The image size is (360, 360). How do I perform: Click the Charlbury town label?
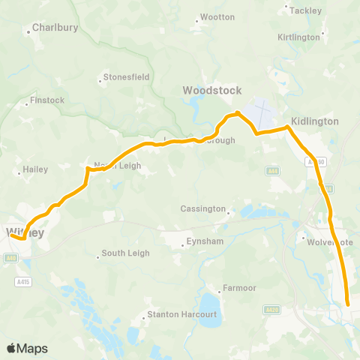point(56,29)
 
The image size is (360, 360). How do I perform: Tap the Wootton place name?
point(218,16)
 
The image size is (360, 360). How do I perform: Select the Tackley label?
point(305,10)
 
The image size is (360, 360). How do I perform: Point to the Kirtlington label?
point(298,37)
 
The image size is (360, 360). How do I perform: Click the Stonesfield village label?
point(127,76)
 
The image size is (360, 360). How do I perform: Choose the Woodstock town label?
point(212,90)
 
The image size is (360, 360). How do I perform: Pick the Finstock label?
point(47,100)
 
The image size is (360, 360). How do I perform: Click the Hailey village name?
point(35,169)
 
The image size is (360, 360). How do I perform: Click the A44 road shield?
point(274,172)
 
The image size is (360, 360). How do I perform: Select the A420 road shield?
point(271,309)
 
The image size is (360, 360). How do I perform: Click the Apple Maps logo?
point(27,348)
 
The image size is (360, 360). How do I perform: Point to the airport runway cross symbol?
point(262,113)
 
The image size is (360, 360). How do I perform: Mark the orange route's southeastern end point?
point(348,304)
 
